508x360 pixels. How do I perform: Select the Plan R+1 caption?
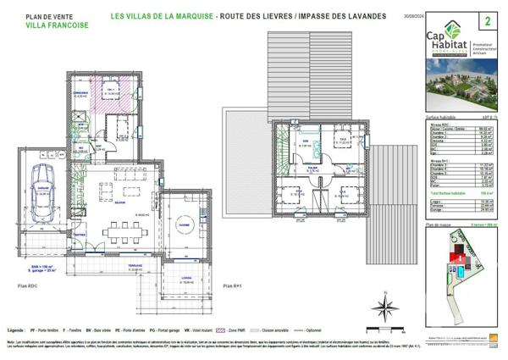[234, 288]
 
